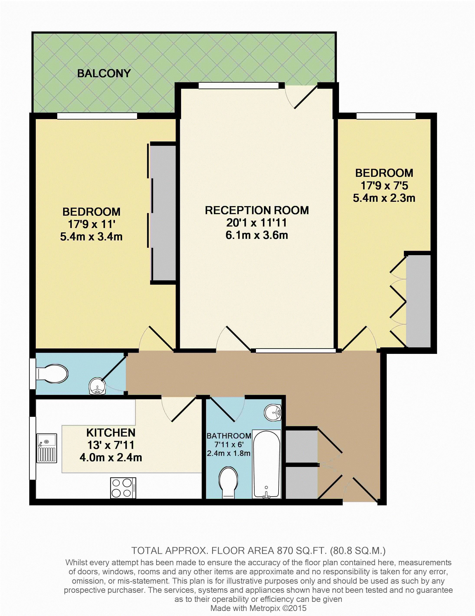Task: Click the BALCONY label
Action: [x=104, y=73]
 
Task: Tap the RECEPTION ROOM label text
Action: [x=257, y=210]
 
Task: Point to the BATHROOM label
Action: [x=229, y=436]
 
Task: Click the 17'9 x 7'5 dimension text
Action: [x=384, y=186]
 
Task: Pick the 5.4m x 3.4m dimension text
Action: [x=91, y=236]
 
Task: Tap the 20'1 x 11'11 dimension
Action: [x=257, y=223]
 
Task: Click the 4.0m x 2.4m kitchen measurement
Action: [x=111, y=457]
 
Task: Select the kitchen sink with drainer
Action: [x=47, y=448]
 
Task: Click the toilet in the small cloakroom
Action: [x=52, y=374]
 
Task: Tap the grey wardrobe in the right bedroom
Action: [x=418, y=301]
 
